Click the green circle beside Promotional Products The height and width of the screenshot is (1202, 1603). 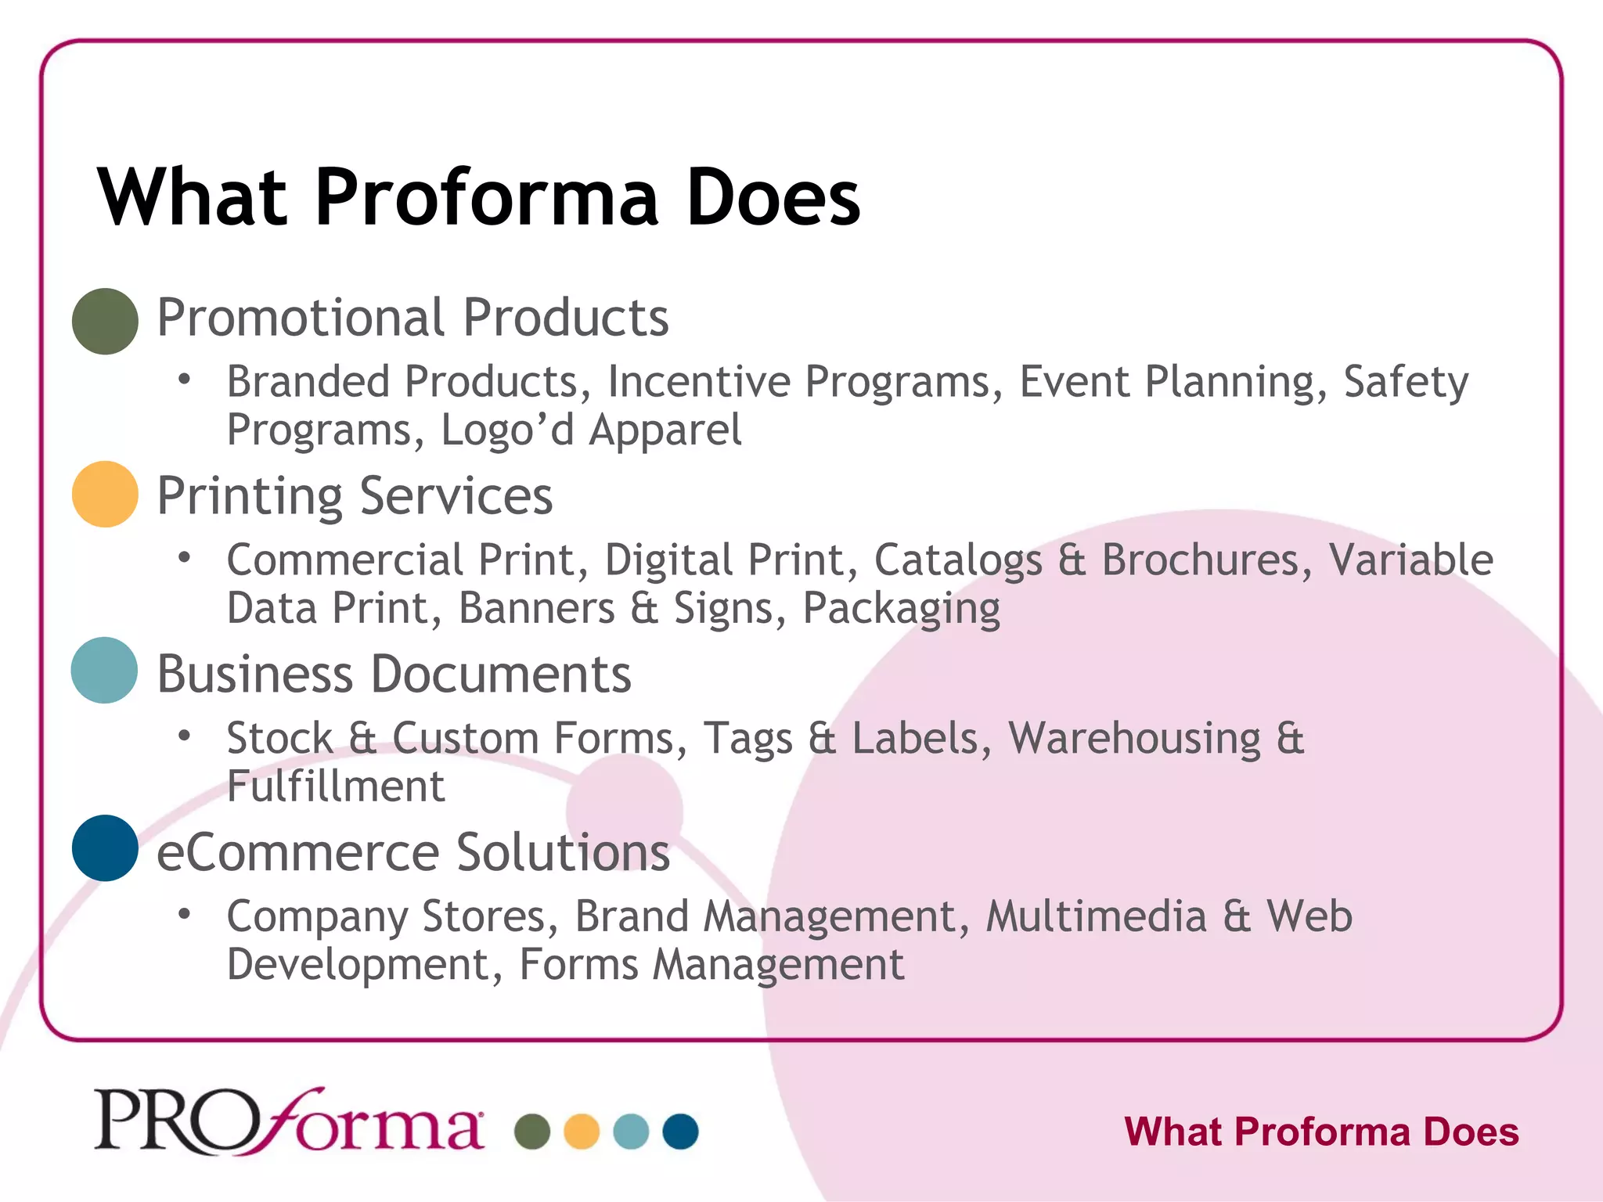point(105,321)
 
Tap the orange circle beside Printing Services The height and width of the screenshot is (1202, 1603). point(105,494)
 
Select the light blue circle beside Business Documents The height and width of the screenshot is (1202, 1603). point(104,670)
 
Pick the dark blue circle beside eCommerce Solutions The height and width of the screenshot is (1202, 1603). point(105,848)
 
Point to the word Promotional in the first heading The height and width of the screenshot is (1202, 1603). point(301,318)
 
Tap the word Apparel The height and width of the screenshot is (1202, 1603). point(665,430)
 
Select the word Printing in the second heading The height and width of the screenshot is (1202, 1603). point(250,496)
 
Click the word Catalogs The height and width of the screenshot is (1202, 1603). point(958,560)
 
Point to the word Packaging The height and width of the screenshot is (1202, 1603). point(902,609)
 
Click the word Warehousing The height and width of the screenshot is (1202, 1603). point(1135,738)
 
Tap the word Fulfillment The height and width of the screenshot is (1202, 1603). point(336,786)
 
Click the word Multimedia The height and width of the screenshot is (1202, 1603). point(1096,916)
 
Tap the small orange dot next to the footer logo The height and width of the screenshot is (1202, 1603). point(582,1132)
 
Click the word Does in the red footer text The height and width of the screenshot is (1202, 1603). point(1471,1132)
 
